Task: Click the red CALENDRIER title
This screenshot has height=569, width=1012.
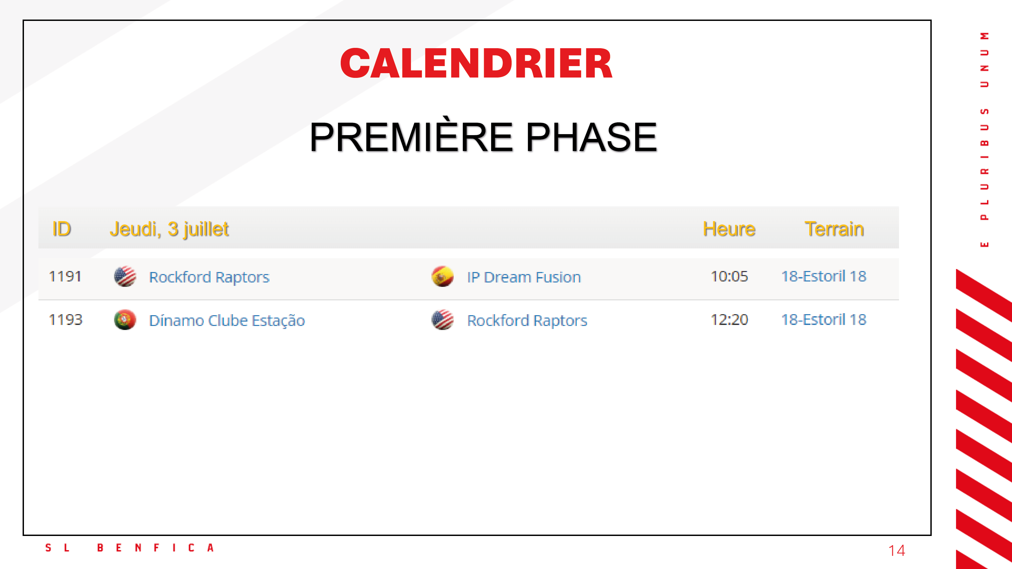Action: [x=476, y=63]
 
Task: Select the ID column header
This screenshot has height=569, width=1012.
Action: [x=62, y=229]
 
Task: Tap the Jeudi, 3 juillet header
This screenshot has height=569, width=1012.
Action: [x=169, y=229]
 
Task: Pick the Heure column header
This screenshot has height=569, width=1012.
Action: [x=729, y=229]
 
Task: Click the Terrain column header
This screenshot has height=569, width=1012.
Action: [x=834, y=229]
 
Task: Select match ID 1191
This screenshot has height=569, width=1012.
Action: [x=65, y=276]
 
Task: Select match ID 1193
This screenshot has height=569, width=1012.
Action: [x=65, y=320]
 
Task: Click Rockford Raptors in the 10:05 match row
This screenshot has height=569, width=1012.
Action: [x=209, y=277]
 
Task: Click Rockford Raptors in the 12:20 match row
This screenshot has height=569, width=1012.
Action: [x=527, y=321]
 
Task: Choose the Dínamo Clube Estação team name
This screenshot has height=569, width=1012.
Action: [x=227, y=321]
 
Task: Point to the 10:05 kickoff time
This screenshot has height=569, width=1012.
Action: [x=729, y=276]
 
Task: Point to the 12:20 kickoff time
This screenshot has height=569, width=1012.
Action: [x=729, y=320]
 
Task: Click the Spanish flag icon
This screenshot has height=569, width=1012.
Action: [x=443, y=276]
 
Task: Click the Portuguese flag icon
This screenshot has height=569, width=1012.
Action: [x=125, y=320]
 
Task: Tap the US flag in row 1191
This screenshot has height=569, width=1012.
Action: [x=125, y=276]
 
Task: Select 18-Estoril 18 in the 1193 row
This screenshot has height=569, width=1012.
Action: [x=824, y=320]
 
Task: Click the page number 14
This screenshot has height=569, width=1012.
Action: [x=897, y=550]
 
